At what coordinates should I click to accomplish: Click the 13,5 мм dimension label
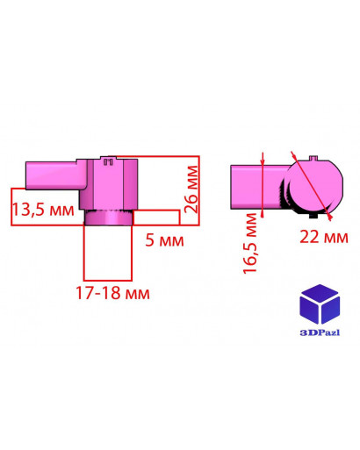(43, 210)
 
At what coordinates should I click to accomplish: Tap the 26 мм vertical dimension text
(191, 189)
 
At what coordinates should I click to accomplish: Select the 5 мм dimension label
(164, 240)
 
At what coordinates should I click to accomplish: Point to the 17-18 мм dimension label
(112, 293)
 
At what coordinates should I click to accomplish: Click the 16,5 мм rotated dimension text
(249, 243)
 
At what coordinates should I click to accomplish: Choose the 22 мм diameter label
(324, 237)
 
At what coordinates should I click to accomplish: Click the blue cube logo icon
(320, 304)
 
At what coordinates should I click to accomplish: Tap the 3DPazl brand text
(320, 332)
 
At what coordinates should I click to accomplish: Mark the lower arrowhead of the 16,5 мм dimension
(263, 213)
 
